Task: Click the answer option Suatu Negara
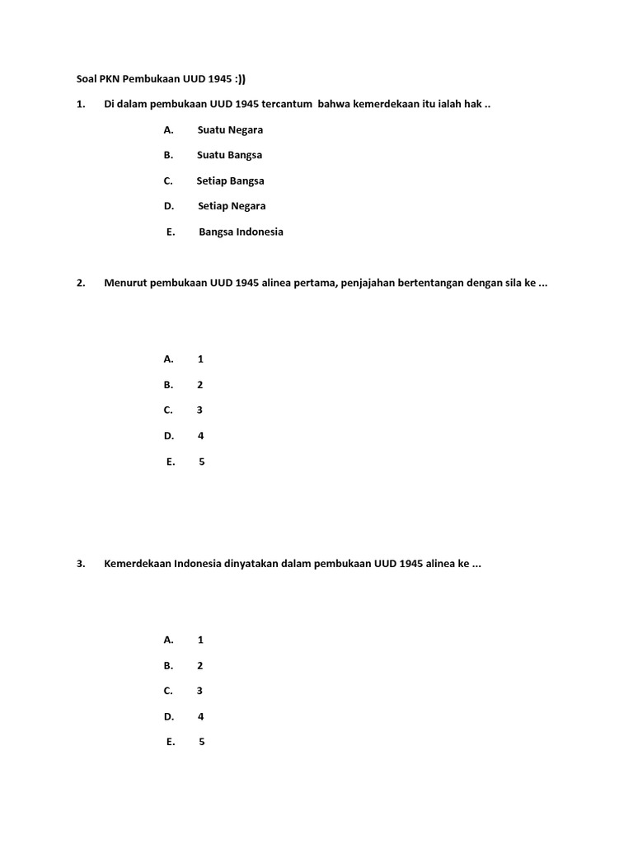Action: pyautogui.click(x=230, y=129)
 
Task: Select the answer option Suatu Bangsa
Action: pyautogui.click(x=229, y=155)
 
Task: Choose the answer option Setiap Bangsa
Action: pyautogui.click(x=230, y=181)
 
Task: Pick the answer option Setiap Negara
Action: pyautogui.click(x=232, y=206)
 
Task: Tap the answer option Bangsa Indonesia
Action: pyautogui.click(x=241, y=232)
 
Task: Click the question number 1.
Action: pyautogui.click(x=80, y=104)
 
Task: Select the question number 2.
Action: pyautogui.click(x=80, y=283)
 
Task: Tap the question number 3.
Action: pyautogui.click(x=80, y=564)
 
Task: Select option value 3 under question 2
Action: pyautogui.click(x=199, y=410)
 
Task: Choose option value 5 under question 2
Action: pyautogui.click(x=201, y=461)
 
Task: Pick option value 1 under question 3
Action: pyautogui.click(x=200, y=640)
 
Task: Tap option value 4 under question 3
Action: pyautogui.click(x=200, y=716)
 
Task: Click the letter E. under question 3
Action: pyautogui.click(x=171, y=742)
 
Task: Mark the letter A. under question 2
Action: pyautogui.click(x=169, y=359)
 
